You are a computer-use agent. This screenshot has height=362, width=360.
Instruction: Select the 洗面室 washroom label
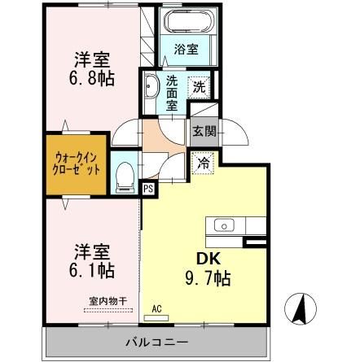tap(173, 91)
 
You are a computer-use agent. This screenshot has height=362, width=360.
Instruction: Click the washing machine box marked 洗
tap(199, 85)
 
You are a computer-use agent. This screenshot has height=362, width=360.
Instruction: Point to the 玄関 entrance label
tap(204, 130)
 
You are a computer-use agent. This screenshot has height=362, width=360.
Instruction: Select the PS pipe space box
tap(148, 190)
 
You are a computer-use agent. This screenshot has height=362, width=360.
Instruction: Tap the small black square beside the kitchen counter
tap(254, 241)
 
